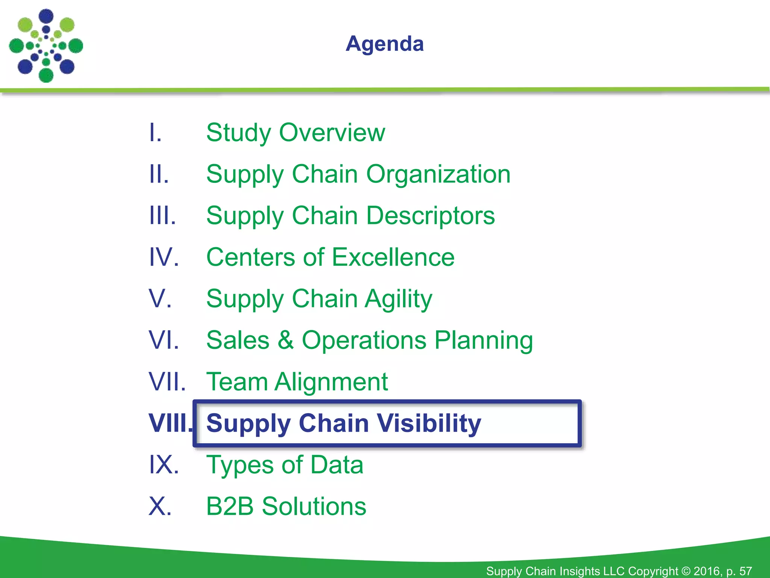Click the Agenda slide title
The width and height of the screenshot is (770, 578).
385,44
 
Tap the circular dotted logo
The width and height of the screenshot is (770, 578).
46,46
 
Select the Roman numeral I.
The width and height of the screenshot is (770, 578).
155,132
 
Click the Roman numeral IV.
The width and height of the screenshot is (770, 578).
164,257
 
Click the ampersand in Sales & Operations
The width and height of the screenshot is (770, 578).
285,340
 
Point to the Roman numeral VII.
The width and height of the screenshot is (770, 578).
167,382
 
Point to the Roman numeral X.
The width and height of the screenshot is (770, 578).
160,506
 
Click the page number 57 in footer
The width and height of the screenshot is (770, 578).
745,571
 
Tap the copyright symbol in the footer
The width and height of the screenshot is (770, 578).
686,571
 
